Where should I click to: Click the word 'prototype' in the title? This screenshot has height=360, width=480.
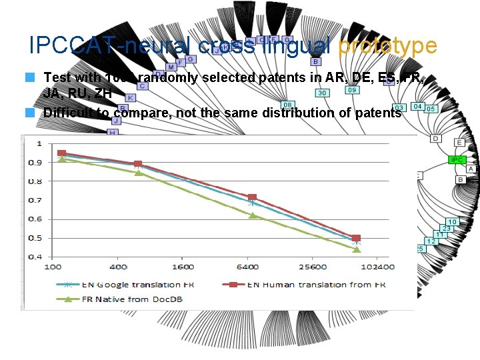tap(387, 45)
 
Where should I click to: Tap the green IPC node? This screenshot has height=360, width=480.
tap(457, 160)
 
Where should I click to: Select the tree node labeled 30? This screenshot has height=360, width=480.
tap(322, 93)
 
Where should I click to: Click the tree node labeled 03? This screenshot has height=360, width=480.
tap(400, 107)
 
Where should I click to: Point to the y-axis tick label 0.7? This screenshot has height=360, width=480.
tap(34, 200)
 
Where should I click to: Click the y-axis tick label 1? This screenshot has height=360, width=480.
tap(39, 143)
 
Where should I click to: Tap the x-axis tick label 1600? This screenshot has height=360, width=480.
tap(183, 267)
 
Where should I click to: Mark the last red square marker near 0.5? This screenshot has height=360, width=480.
tap(356, 238)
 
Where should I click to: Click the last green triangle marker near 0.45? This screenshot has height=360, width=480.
tap(356, 249)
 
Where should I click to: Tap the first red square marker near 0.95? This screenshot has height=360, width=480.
tap(62, 153)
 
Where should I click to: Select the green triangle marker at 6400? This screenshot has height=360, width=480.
tap(253, 215)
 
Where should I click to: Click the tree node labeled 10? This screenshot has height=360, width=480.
tap(452, 221)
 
